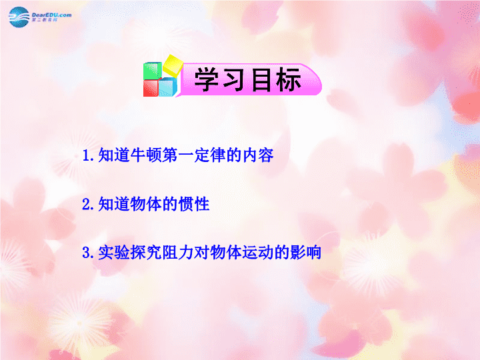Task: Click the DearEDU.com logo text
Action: point(51,15)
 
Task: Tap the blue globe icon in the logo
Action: point(19,17)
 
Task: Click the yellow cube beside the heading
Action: point(173,65)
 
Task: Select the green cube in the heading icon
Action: point(153,71)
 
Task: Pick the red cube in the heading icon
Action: point(151,88)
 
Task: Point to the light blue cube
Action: point(168,87)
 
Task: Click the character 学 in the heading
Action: point(207,80)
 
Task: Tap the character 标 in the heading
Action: point(288,80)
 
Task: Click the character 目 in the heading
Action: point(261,80)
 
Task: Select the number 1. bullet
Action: point(88,155)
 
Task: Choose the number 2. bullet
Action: point(88,204)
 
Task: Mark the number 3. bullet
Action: point(88,253)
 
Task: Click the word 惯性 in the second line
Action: point(194,204)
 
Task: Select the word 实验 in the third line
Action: point(114,253)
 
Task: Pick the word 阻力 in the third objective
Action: point(178,253)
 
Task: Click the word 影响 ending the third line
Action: point(305,253)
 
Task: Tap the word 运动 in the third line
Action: point(258,253)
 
